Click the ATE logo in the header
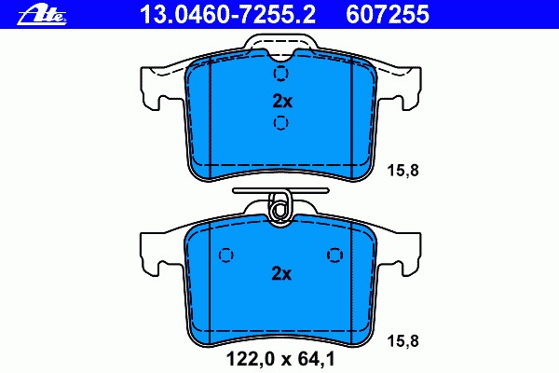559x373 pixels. tap(42, 15)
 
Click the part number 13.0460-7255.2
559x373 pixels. tap(228, 15)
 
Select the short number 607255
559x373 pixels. tap(388, 15)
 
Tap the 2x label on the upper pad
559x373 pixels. tap(282, 102)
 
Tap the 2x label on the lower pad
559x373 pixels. tap(281, 274)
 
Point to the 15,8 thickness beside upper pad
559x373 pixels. tap(402, 171)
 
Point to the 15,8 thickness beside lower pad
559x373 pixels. tap(402, 341)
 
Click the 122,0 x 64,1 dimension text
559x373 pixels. tap(281, 359)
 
